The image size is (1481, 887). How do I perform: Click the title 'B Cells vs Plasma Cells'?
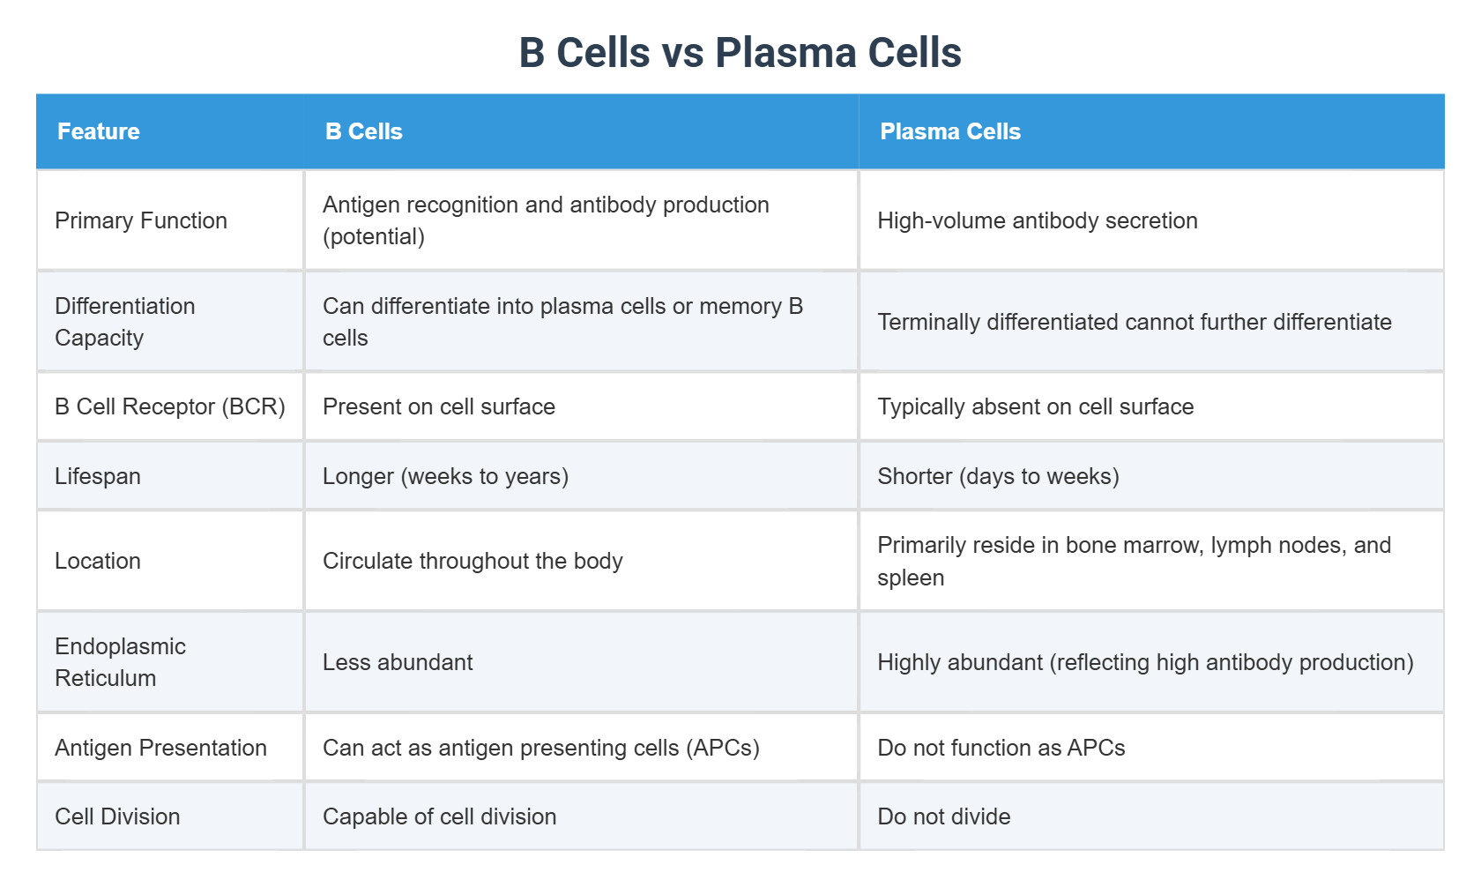tap(740, 53)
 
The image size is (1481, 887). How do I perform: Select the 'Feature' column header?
tap(99, 131)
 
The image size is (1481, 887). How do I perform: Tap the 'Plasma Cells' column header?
tap(950, 131)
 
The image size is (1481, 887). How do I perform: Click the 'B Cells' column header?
tap(364, 131)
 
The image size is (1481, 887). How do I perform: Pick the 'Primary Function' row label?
tap(141, 220)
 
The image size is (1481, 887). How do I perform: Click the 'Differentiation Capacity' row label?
tap(125, 322)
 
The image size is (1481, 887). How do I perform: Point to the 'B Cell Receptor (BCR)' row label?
tap(170, 406)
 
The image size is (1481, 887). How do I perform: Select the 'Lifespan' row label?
tap(98, 476)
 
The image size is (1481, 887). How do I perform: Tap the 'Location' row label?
tap(98, 561)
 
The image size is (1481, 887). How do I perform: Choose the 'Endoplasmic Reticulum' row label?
tap(120, 662)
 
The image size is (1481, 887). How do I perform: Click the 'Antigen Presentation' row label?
tap(160, 748)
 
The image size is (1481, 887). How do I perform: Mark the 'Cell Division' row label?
tap(117, 816)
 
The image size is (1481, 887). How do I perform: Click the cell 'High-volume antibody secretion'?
tap(1038, 220)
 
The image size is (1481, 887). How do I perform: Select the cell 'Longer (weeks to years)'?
tap(445, 476)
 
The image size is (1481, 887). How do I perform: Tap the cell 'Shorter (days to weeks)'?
tap(998, 476)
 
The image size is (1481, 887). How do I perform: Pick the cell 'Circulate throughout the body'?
tap(473, 561)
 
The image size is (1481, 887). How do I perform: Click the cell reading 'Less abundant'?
tap(398, 662)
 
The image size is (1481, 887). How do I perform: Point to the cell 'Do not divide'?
tap(944, 816)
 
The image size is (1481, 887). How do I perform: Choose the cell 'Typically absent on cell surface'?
tap(1036, 406)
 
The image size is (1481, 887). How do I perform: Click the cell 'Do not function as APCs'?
tap(1001, 748)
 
